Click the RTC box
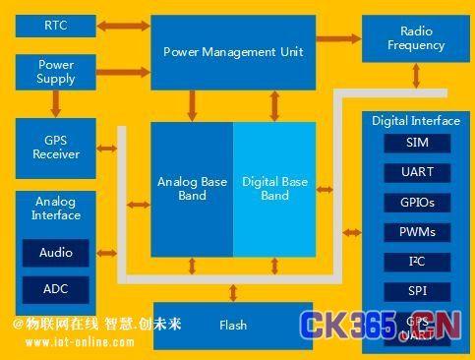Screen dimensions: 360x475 click(x=56, y=25)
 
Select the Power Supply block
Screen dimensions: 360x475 click(x=56, y=72)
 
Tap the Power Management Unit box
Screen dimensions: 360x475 click(x=233, y=52)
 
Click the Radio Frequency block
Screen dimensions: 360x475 click(x=416, y=39)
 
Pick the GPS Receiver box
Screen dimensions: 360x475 click(x=56, y=148)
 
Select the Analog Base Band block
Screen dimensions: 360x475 click(x=192, y=189)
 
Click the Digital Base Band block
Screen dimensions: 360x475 click(x=274, y=189)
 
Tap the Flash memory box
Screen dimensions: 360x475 click(x=233, y=325)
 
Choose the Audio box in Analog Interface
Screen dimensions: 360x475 click(x=56, y=254)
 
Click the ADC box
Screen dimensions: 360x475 click(x=56, y=290)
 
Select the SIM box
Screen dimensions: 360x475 click(x=417, y=143)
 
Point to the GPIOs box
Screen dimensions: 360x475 click(x=417, y=203)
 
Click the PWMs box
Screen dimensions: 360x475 click(x=417, y=233)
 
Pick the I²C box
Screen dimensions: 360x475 click(x=417, y=263)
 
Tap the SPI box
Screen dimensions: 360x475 click(x=417, y=292)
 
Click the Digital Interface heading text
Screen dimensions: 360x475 click(x=416, y=121)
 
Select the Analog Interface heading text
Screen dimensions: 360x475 click(x=56, y=209)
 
